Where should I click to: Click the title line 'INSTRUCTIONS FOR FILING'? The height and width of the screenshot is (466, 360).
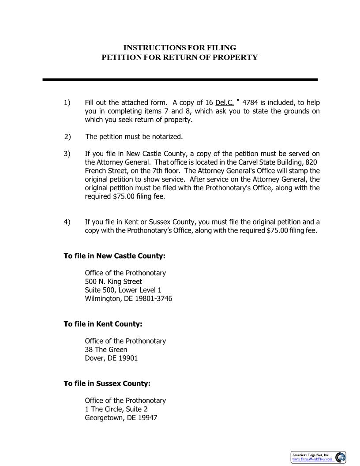[180, 48]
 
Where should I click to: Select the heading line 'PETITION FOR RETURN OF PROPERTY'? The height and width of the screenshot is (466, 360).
[180, 57]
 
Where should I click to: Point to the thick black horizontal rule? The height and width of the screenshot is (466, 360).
[180, 80]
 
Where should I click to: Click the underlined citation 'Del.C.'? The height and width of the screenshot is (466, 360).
[225, 103]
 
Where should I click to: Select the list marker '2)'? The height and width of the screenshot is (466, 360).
[67, 137]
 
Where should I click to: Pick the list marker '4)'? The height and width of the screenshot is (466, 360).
[67, 222]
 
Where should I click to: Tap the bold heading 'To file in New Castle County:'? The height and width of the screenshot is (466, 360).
[114, 256]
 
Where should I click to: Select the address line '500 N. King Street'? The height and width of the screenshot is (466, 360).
[113, 282]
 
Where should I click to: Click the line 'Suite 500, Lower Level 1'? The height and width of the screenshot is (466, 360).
[123, 290]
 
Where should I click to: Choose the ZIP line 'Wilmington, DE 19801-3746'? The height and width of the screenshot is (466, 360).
[128, 299]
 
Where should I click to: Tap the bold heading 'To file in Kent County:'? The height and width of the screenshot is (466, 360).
[103, 324]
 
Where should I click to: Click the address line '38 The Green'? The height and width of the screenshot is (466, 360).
[106, 349]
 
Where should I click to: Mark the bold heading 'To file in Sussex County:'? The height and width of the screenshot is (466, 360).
[107, 383]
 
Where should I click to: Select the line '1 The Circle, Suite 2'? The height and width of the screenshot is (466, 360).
[116, 409]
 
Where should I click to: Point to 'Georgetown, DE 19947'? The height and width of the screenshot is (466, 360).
[121, 417]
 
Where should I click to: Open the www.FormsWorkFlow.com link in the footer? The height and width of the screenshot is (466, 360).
[312, 459]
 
